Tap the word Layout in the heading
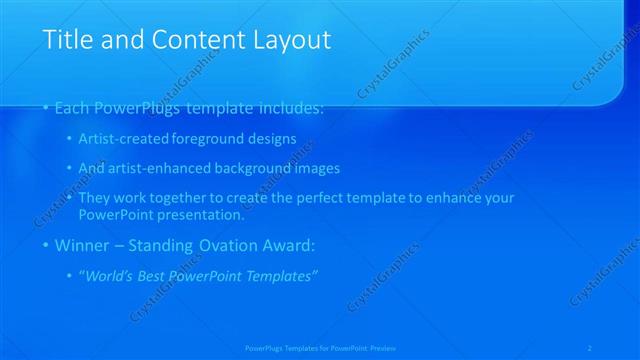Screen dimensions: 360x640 pyautogui.click(x=291, y=40)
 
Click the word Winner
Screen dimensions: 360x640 pyautogui.click(x=85, y=244)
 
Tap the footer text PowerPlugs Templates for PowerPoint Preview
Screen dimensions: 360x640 pyautogui.click(x=320, y=347)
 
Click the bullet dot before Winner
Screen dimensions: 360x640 pyautogui.click(x=46, y=245)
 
